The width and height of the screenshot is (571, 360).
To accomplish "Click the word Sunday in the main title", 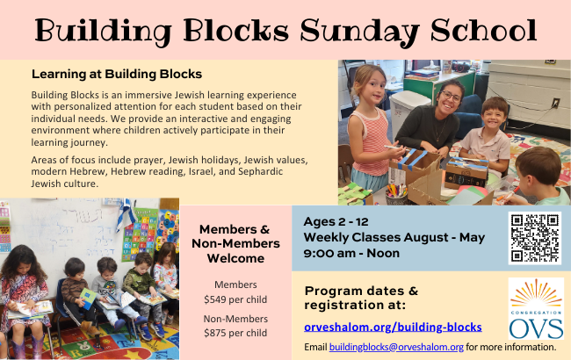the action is pos(360,32).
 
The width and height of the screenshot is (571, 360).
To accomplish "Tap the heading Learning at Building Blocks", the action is pos(117,74).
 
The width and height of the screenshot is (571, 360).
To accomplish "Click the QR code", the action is pos(535,238).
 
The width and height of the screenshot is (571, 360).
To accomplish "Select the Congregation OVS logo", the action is pos(536,308).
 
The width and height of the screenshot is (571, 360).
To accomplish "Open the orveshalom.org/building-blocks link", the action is pos(393,327).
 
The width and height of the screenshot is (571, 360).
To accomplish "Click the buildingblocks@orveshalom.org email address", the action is pos(396,347).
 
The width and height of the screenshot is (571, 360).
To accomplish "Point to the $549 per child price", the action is pos(235,299).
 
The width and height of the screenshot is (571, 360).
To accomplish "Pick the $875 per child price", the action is pos(235,333).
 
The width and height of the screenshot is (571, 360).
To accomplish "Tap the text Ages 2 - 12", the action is pos(336,221).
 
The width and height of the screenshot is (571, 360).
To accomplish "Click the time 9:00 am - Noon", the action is pos(351,253).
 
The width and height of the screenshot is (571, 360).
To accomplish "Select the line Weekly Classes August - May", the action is pos(394,237).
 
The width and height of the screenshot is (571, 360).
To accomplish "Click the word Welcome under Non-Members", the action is pos(235,258).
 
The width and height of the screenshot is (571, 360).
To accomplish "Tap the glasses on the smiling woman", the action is pos(451,97).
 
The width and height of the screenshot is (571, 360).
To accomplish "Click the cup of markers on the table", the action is pos(396,195).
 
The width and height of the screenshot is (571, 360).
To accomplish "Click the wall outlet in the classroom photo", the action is pos(555,104).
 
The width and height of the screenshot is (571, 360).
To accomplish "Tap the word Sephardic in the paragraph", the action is pos(260,171).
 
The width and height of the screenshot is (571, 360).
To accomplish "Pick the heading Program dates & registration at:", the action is pos(361,298).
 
